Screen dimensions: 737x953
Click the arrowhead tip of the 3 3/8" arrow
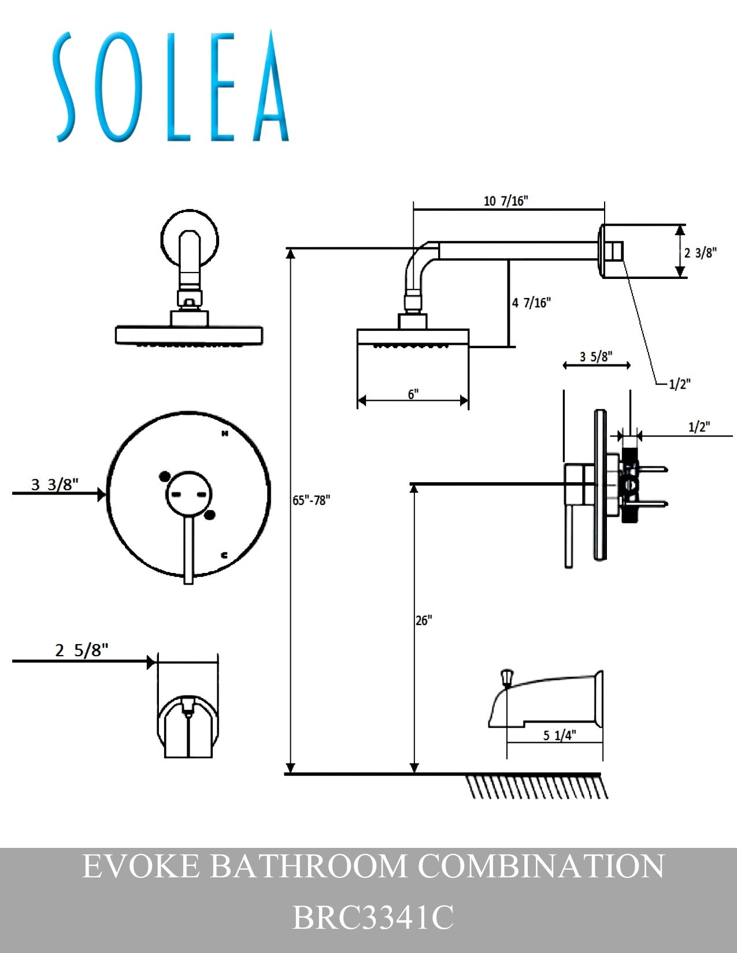coord(106,494)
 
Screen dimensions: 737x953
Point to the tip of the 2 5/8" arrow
coord(156,661)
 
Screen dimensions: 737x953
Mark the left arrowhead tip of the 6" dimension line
coord(358,400)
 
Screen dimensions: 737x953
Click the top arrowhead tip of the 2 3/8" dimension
coord(680,225)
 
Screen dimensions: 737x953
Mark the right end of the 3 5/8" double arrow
coord(630,365)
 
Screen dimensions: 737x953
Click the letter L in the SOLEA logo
coord(178,87)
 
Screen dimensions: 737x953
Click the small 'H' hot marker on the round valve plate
coord(225,433)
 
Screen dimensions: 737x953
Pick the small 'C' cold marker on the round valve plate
coord(224,555)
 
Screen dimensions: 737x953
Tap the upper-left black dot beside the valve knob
coord(165,477)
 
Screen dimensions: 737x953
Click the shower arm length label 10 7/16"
coord(506,201)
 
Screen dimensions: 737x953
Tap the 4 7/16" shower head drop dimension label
coord(531,303)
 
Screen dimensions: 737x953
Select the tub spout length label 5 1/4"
coord(560,735)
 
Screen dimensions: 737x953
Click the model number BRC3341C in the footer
coord(373,917)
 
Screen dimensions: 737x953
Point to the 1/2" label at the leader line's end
coord(680,384)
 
